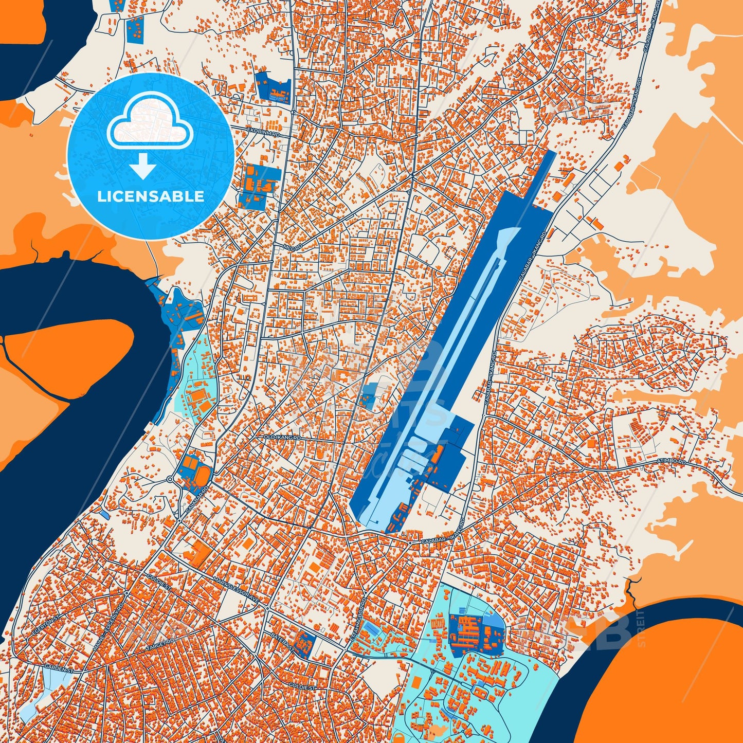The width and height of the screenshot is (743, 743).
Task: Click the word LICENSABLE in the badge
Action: click(x=151, y=196)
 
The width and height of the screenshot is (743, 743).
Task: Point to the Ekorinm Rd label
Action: click(x=263, y=133)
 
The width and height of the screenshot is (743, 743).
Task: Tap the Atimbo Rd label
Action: click(x=672, y=462)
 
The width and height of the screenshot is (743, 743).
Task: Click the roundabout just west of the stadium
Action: click(x=170, y=479)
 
